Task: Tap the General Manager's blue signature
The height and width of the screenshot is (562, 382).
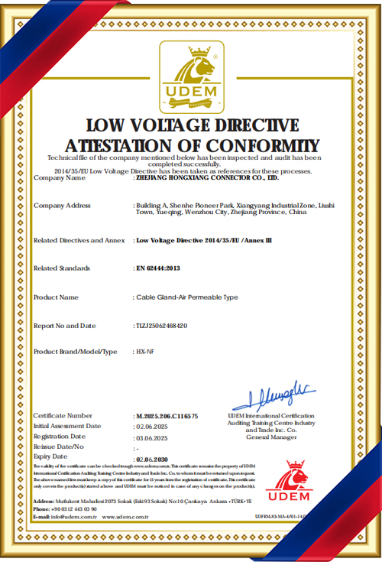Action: (272, 397)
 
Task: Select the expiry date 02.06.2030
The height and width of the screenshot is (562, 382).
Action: (151, 459)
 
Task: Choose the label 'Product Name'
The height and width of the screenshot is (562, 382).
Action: (57, 297)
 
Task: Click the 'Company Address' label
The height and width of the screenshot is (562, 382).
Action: (62, 206)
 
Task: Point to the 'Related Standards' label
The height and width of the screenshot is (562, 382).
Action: (62, 268)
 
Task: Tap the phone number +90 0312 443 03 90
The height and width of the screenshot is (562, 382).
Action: (74, 508)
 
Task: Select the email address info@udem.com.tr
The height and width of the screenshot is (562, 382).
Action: (70, 517)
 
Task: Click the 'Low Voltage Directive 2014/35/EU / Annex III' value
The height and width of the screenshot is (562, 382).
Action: (203, 240)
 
